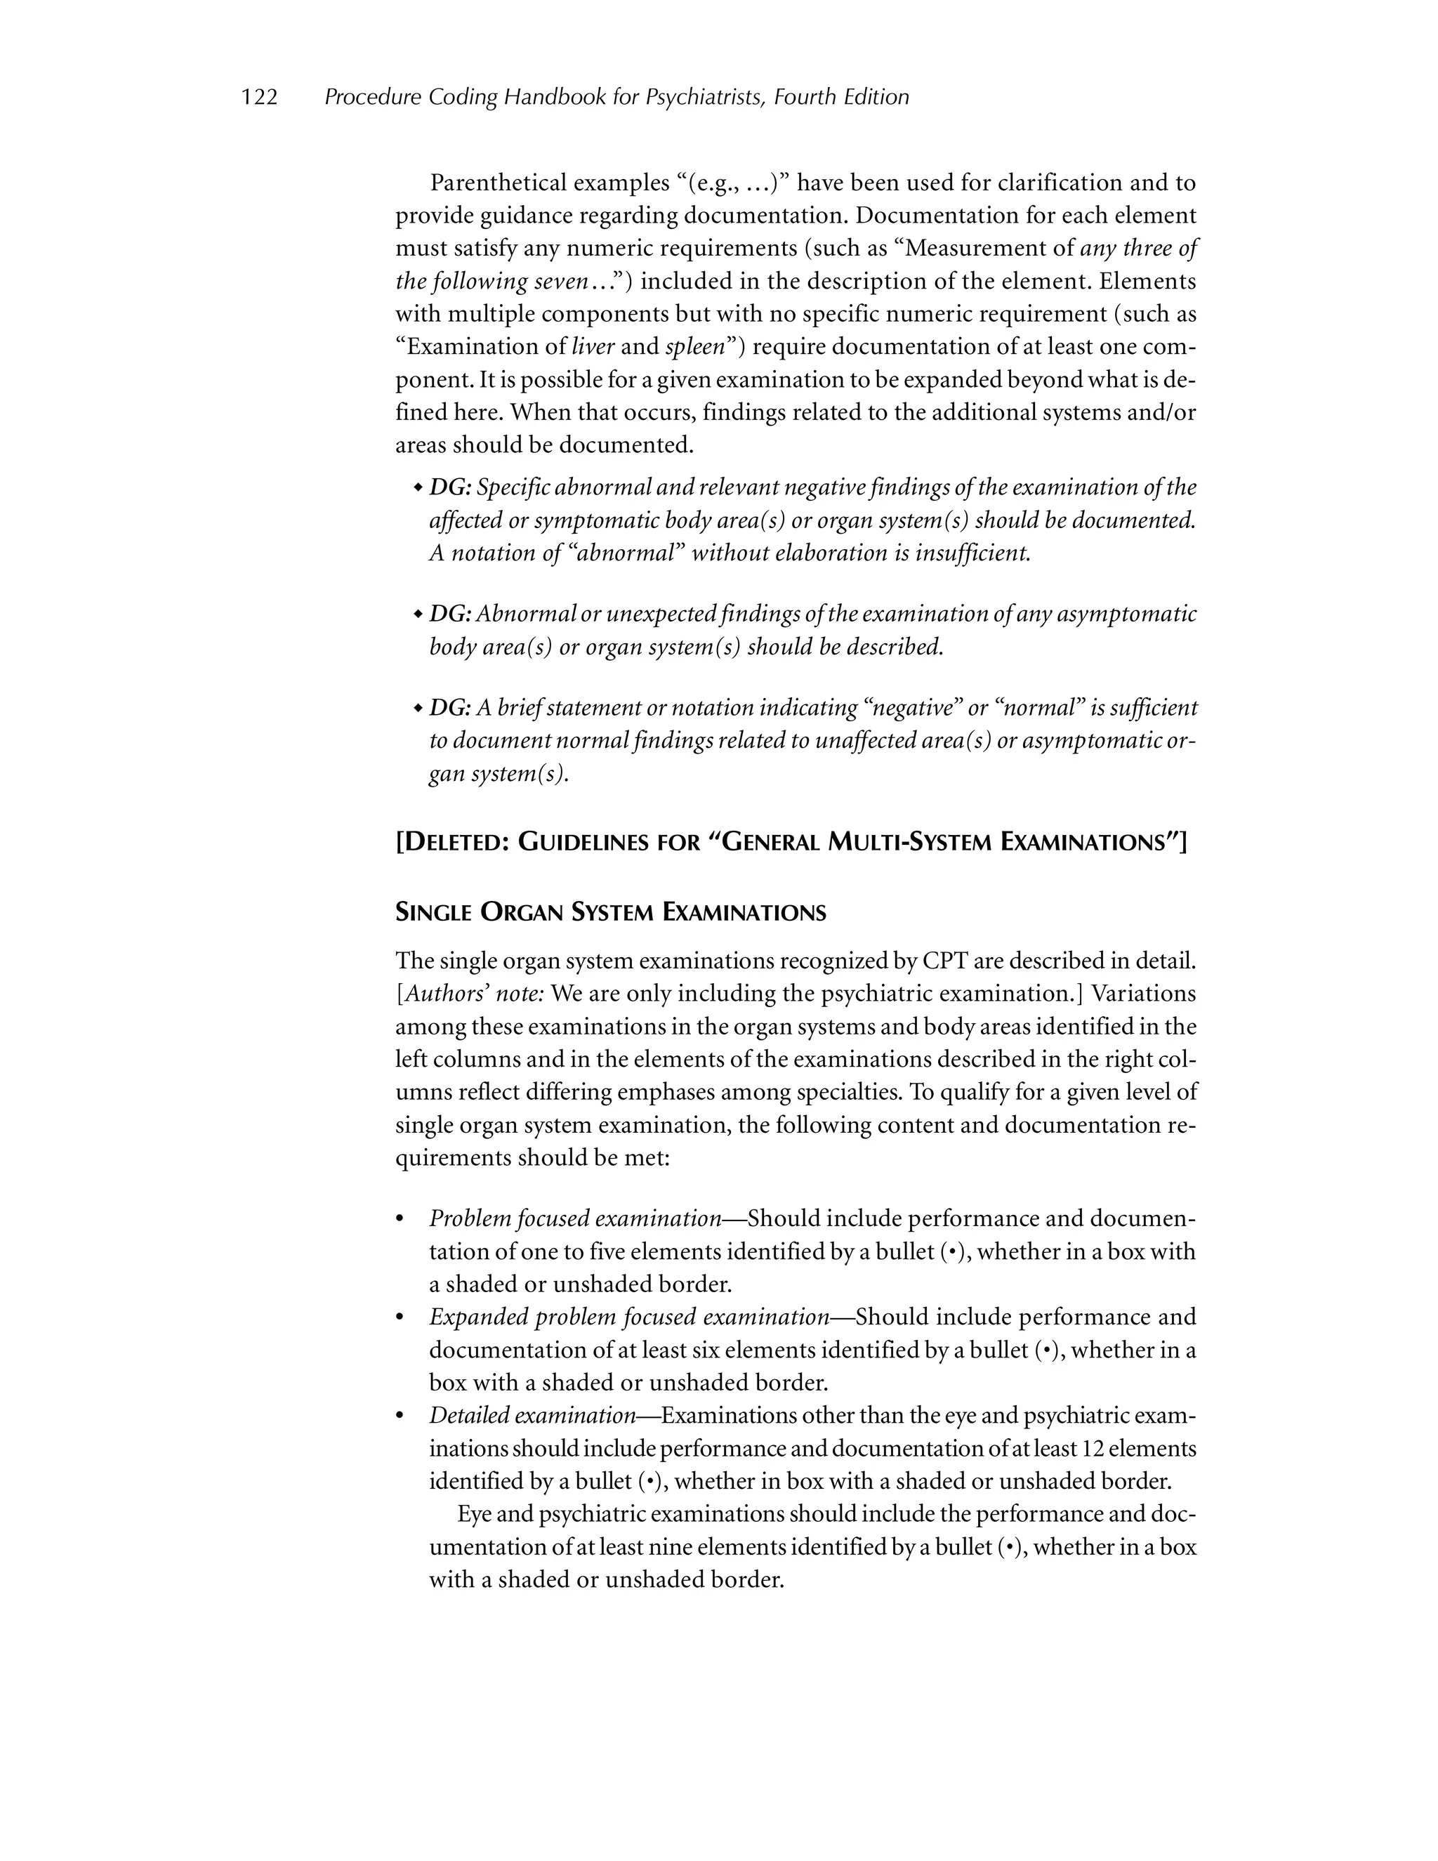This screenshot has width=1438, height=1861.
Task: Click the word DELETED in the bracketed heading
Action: pos(452,843)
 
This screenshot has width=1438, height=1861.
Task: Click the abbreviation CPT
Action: pos(944,961)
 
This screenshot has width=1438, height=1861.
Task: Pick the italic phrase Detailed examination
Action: pos(532,1415)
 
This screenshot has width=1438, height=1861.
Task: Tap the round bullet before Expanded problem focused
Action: pos(400,1318)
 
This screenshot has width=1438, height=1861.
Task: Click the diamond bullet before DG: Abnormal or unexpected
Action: pos(418,615)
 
